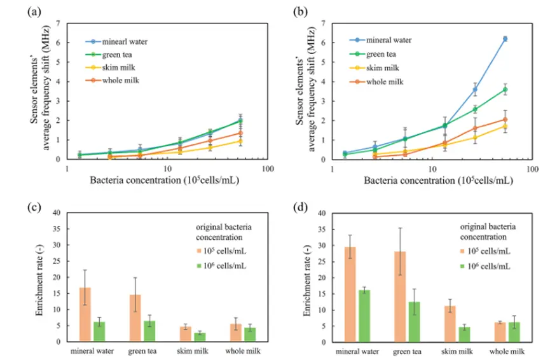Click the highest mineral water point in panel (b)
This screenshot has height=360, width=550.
[505, 39]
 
